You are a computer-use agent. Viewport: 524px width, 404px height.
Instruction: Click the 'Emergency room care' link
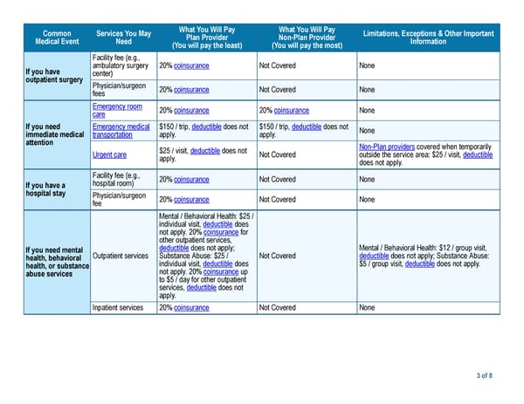click(116, 111)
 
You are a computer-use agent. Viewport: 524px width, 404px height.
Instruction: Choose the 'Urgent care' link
click(108, 155)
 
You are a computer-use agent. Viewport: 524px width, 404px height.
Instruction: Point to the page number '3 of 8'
click(484, 375)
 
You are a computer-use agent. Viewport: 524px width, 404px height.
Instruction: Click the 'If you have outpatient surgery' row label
click(51, 76)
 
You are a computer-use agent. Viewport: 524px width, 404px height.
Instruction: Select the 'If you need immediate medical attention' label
click(54, 135)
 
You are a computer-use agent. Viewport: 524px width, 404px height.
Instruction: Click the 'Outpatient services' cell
click(121, 256)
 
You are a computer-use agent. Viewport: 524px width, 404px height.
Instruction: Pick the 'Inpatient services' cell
click(118, 307)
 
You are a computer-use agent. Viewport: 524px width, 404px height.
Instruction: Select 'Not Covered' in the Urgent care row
click(278, 155)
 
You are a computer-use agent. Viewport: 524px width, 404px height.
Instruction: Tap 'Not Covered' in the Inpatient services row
click(278, 307)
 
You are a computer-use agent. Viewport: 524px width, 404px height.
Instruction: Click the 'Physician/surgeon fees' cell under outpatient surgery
click(117, 90)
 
